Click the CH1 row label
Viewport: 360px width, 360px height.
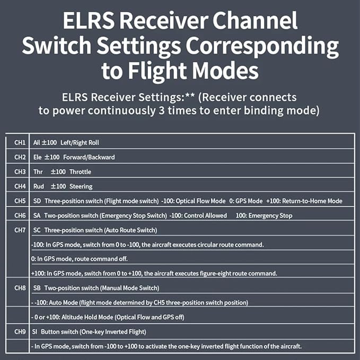20,143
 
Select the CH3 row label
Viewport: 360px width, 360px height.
20,172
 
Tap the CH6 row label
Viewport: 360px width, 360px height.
20,216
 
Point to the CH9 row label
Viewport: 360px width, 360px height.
20,332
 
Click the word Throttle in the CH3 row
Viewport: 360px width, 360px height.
81,172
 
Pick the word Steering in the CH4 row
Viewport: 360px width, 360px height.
81,187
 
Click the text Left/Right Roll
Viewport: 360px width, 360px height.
80,143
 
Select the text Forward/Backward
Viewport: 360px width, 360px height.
89,157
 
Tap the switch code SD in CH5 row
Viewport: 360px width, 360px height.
37,201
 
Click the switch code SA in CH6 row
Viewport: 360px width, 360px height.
37,216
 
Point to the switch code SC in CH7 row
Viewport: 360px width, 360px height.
37,230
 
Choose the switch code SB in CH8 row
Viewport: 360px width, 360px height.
37,288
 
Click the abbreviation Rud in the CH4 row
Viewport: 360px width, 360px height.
39,187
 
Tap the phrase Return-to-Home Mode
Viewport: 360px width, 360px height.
312,201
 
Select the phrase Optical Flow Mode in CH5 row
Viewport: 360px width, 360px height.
200,201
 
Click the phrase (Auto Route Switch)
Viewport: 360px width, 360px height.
130,230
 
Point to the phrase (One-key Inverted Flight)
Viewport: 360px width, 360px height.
113,332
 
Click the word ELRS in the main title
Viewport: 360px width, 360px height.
89,21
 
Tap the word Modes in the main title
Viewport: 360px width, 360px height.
225,71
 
